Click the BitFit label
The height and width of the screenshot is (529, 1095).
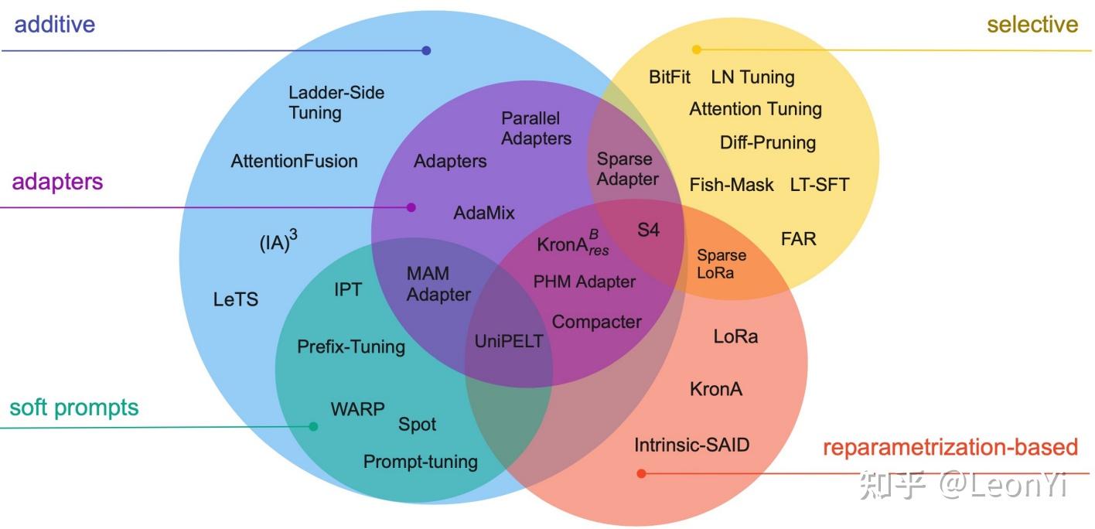(670, 77)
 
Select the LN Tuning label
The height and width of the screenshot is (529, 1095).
(752, 77)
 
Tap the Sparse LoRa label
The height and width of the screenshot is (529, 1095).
(721, 264)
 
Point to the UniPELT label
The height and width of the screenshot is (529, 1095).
(509, 341)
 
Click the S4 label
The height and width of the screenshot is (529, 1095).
(648, 230)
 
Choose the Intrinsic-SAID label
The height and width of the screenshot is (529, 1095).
(691, 445)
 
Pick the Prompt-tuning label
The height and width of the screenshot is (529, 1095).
(421, 462)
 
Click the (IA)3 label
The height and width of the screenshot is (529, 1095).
(278, 243)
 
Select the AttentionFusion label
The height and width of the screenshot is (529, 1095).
(294, 161)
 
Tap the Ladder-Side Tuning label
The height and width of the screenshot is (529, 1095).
(336, 103)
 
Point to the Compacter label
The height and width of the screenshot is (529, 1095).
(596, 322)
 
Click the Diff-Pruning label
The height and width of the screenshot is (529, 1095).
(767, 142)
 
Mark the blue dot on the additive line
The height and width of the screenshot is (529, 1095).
(426, 51)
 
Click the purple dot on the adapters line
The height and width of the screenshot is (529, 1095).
(411, 207)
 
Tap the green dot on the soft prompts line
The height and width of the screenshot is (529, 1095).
(313, 426)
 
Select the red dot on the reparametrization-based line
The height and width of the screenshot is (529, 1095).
(641, 473)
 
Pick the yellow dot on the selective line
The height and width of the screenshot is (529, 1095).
(696, 49)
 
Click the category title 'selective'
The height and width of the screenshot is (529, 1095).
(1032, 25)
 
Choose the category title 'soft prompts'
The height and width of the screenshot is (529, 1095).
(74, 408)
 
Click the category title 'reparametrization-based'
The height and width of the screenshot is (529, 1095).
(950, 447)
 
